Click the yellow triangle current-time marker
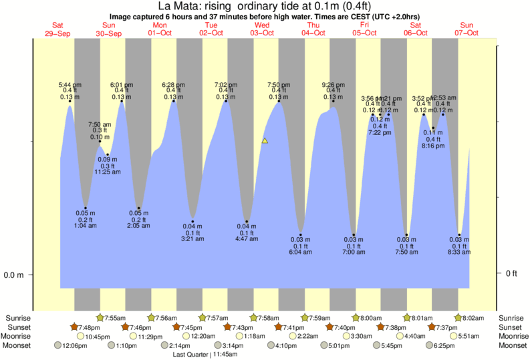coord(265,141)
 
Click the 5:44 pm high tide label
coord(70,85)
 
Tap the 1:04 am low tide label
coord(86,226)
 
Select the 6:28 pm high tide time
coord(174,85)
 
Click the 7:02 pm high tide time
coord(225,85)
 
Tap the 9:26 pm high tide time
coord(333,85)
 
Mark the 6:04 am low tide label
coord(301,252)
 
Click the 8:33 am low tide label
coord(459,252)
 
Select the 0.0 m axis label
coord(13,275)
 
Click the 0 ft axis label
coord(511,275)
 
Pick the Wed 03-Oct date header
coord(263,29)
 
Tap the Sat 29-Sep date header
coord(57,29)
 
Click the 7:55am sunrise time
coord(115,318)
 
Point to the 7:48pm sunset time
coord(90,327)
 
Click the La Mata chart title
coord(265,6)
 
